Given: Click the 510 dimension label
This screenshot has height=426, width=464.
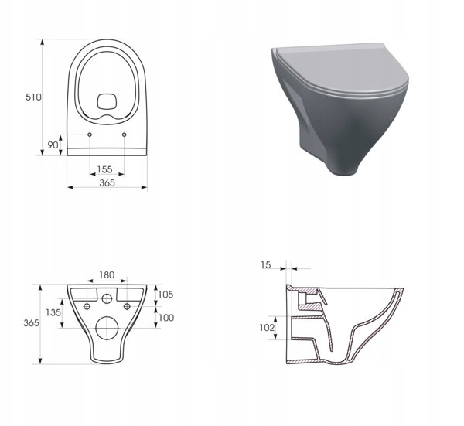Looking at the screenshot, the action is [33, 97].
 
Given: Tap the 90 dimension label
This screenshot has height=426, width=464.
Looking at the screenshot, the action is [53, 145].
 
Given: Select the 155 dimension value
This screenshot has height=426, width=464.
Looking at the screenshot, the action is [104, 169].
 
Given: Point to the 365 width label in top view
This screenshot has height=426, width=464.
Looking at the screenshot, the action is [107, 182].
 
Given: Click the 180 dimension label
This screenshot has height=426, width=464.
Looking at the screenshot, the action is [107, 275].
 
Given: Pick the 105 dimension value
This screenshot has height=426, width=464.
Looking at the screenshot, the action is [165, 295].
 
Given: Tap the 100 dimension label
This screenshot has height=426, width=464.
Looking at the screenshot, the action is [166, 318].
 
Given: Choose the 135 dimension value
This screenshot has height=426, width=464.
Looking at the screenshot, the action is [53, 312].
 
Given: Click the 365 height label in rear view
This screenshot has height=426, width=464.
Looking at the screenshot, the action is [31, 323].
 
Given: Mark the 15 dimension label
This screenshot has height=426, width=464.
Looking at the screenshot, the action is [266, 265].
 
